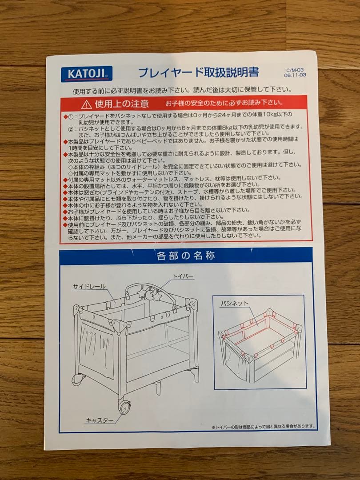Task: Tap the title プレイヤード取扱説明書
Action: [198, 72]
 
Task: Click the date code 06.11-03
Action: [295, 76]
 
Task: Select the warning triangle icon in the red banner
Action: [87, 104]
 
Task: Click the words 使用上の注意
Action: [121, 104]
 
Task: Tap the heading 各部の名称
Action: [186, 256]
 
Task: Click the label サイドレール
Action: [89, 287]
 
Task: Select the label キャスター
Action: [99, 420]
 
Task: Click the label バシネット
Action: [234, 303]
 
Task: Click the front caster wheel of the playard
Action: [124, 406]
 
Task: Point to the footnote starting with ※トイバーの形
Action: [263, 427]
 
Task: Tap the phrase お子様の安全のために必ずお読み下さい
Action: [224, 103]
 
